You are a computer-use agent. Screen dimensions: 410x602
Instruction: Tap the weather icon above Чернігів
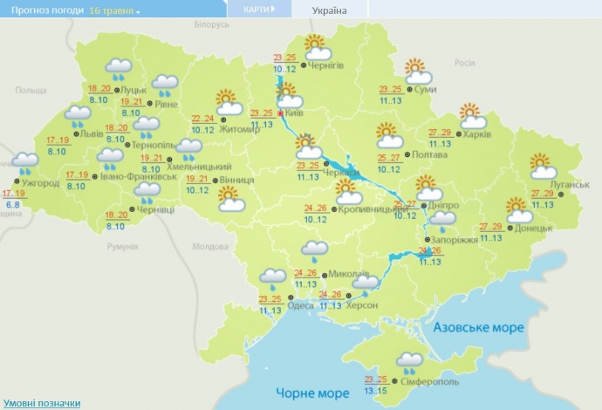(x=314, y=44)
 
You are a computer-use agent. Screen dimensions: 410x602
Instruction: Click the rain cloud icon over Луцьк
(x=119, y=67)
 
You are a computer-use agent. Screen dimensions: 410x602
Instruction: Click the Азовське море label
(x=479, y=328)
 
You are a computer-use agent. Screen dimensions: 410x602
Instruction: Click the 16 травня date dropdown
(x=115, y=10)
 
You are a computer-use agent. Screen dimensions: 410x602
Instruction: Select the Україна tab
(x=329, y=10)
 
